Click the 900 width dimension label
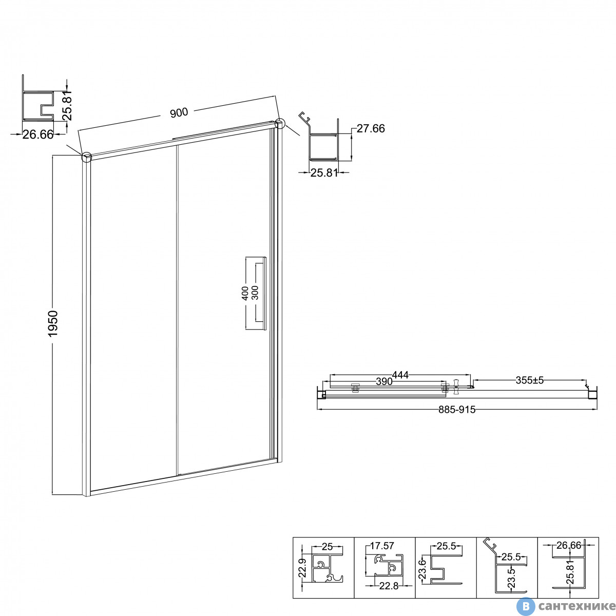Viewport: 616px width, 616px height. [x=179, y=112]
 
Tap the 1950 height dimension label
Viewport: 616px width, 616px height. [x=53, y=323]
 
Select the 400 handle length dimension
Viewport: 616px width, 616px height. [x=245, y=293]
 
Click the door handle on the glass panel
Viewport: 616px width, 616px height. [x=264, y=293]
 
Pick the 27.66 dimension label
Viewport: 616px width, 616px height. [x=371, y=128]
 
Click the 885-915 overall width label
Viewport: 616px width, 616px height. [x=457, y=410]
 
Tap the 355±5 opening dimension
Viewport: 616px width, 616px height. [x=529, y=380]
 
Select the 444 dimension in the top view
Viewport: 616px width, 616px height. [x=400, y=375]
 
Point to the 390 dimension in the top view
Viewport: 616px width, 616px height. [x=384, y=381]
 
